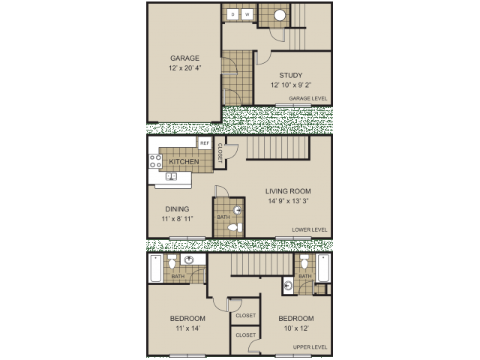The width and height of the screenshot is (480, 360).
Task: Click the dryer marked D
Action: click(232, 14)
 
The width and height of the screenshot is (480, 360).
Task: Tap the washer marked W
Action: click(246, 14)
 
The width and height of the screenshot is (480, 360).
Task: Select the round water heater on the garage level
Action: click(279, 14)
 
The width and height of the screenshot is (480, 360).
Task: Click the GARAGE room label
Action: click(184, 58)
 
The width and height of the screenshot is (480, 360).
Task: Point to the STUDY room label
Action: click(291, 75)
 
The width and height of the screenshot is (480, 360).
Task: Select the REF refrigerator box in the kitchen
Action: click(203, 143)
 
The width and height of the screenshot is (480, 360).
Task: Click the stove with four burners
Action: click(155, 160)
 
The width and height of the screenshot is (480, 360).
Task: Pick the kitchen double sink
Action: click(170, 177)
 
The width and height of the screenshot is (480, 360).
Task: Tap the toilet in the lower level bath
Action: click(234, 226)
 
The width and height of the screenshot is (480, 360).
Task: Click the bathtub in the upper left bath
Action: click(155, 268)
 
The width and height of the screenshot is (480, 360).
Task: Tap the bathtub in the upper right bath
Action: click(325, 268)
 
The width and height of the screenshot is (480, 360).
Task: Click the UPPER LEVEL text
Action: click(310, 347)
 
